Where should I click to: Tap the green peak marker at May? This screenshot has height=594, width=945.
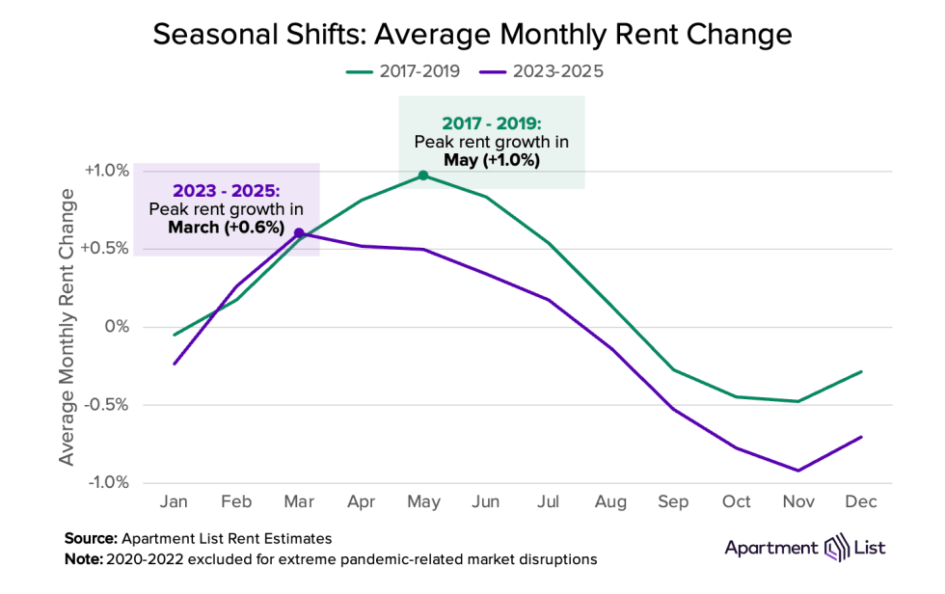423,175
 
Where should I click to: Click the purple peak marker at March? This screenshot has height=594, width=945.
299,233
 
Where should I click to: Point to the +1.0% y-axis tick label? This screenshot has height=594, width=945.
107,171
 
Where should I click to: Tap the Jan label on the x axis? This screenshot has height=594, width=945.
174,503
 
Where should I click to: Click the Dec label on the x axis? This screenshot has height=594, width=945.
860,503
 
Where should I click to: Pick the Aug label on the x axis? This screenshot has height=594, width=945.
610,503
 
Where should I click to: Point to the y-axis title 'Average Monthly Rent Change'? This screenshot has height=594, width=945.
67,327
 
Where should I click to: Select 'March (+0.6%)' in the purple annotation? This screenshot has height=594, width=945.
227,228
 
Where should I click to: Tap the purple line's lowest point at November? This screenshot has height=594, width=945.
797,471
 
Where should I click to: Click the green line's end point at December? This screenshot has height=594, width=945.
860,371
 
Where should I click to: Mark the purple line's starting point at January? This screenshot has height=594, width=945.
175,364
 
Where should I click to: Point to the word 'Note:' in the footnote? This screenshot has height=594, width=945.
84,559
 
